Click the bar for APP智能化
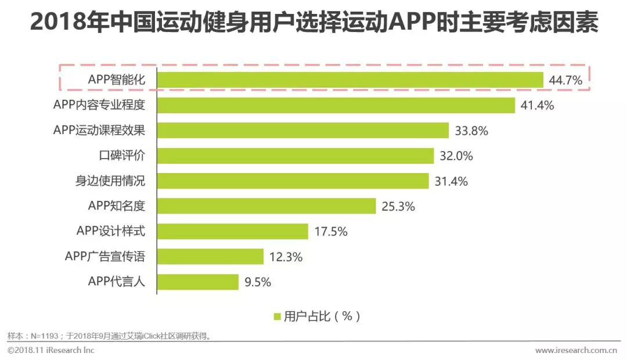click(x=350, y=80)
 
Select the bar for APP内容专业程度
click(x=336, y=105)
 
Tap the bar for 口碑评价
click(x=296, y=156)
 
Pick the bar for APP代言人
click(x=198, y=282)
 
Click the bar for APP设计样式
click(x=233, y=231)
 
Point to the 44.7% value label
click(x=565, y=81)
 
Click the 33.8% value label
click(x=471, y=131)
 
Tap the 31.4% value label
click(x=451, y=181)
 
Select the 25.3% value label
click(x=398, y=206)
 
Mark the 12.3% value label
click(x=286, y=257)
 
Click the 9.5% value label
click(x=258, y=282)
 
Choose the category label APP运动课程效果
click(x=99, y=130)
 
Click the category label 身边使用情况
click(x=110, y=181)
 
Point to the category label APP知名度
click(x=116, y=206)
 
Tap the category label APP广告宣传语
click(x=105, y=256)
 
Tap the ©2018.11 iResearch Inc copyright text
click(x=51, y=350)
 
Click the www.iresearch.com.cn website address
click(x=575, y=350)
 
